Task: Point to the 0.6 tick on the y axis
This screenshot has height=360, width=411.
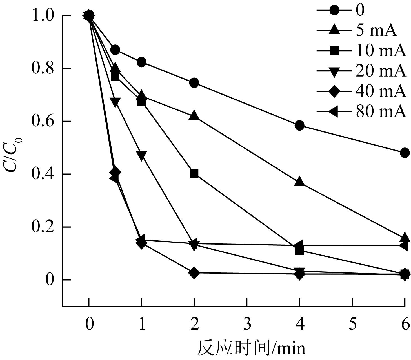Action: coord(43,121)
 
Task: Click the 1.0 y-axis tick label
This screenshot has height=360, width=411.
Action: coord(43,16)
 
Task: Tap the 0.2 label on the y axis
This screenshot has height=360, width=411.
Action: coord(43,227)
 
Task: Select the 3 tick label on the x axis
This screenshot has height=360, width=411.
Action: coord(247,324)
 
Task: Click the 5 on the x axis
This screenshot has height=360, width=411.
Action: coord(352,324)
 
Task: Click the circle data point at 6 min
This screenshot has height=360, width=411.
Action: coord(405,153)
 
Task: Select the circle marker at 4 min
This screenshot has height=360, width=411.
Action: coord(299,125)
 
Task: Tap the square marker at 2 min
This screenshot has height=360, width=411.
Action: coord(194,173)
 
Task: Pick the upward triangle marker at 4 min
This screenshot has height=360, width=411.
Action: coord(299,182)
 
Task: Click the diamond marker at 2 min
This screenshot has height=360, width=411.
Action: coord(194,273)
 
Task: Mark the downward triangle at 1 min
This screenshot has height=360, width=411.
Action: coord(141,155)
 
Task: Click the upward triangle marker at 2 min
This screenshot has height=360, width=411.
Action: coord(194,115)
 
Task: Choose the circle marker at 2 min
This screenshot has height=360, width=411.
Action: coord(194,83)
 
